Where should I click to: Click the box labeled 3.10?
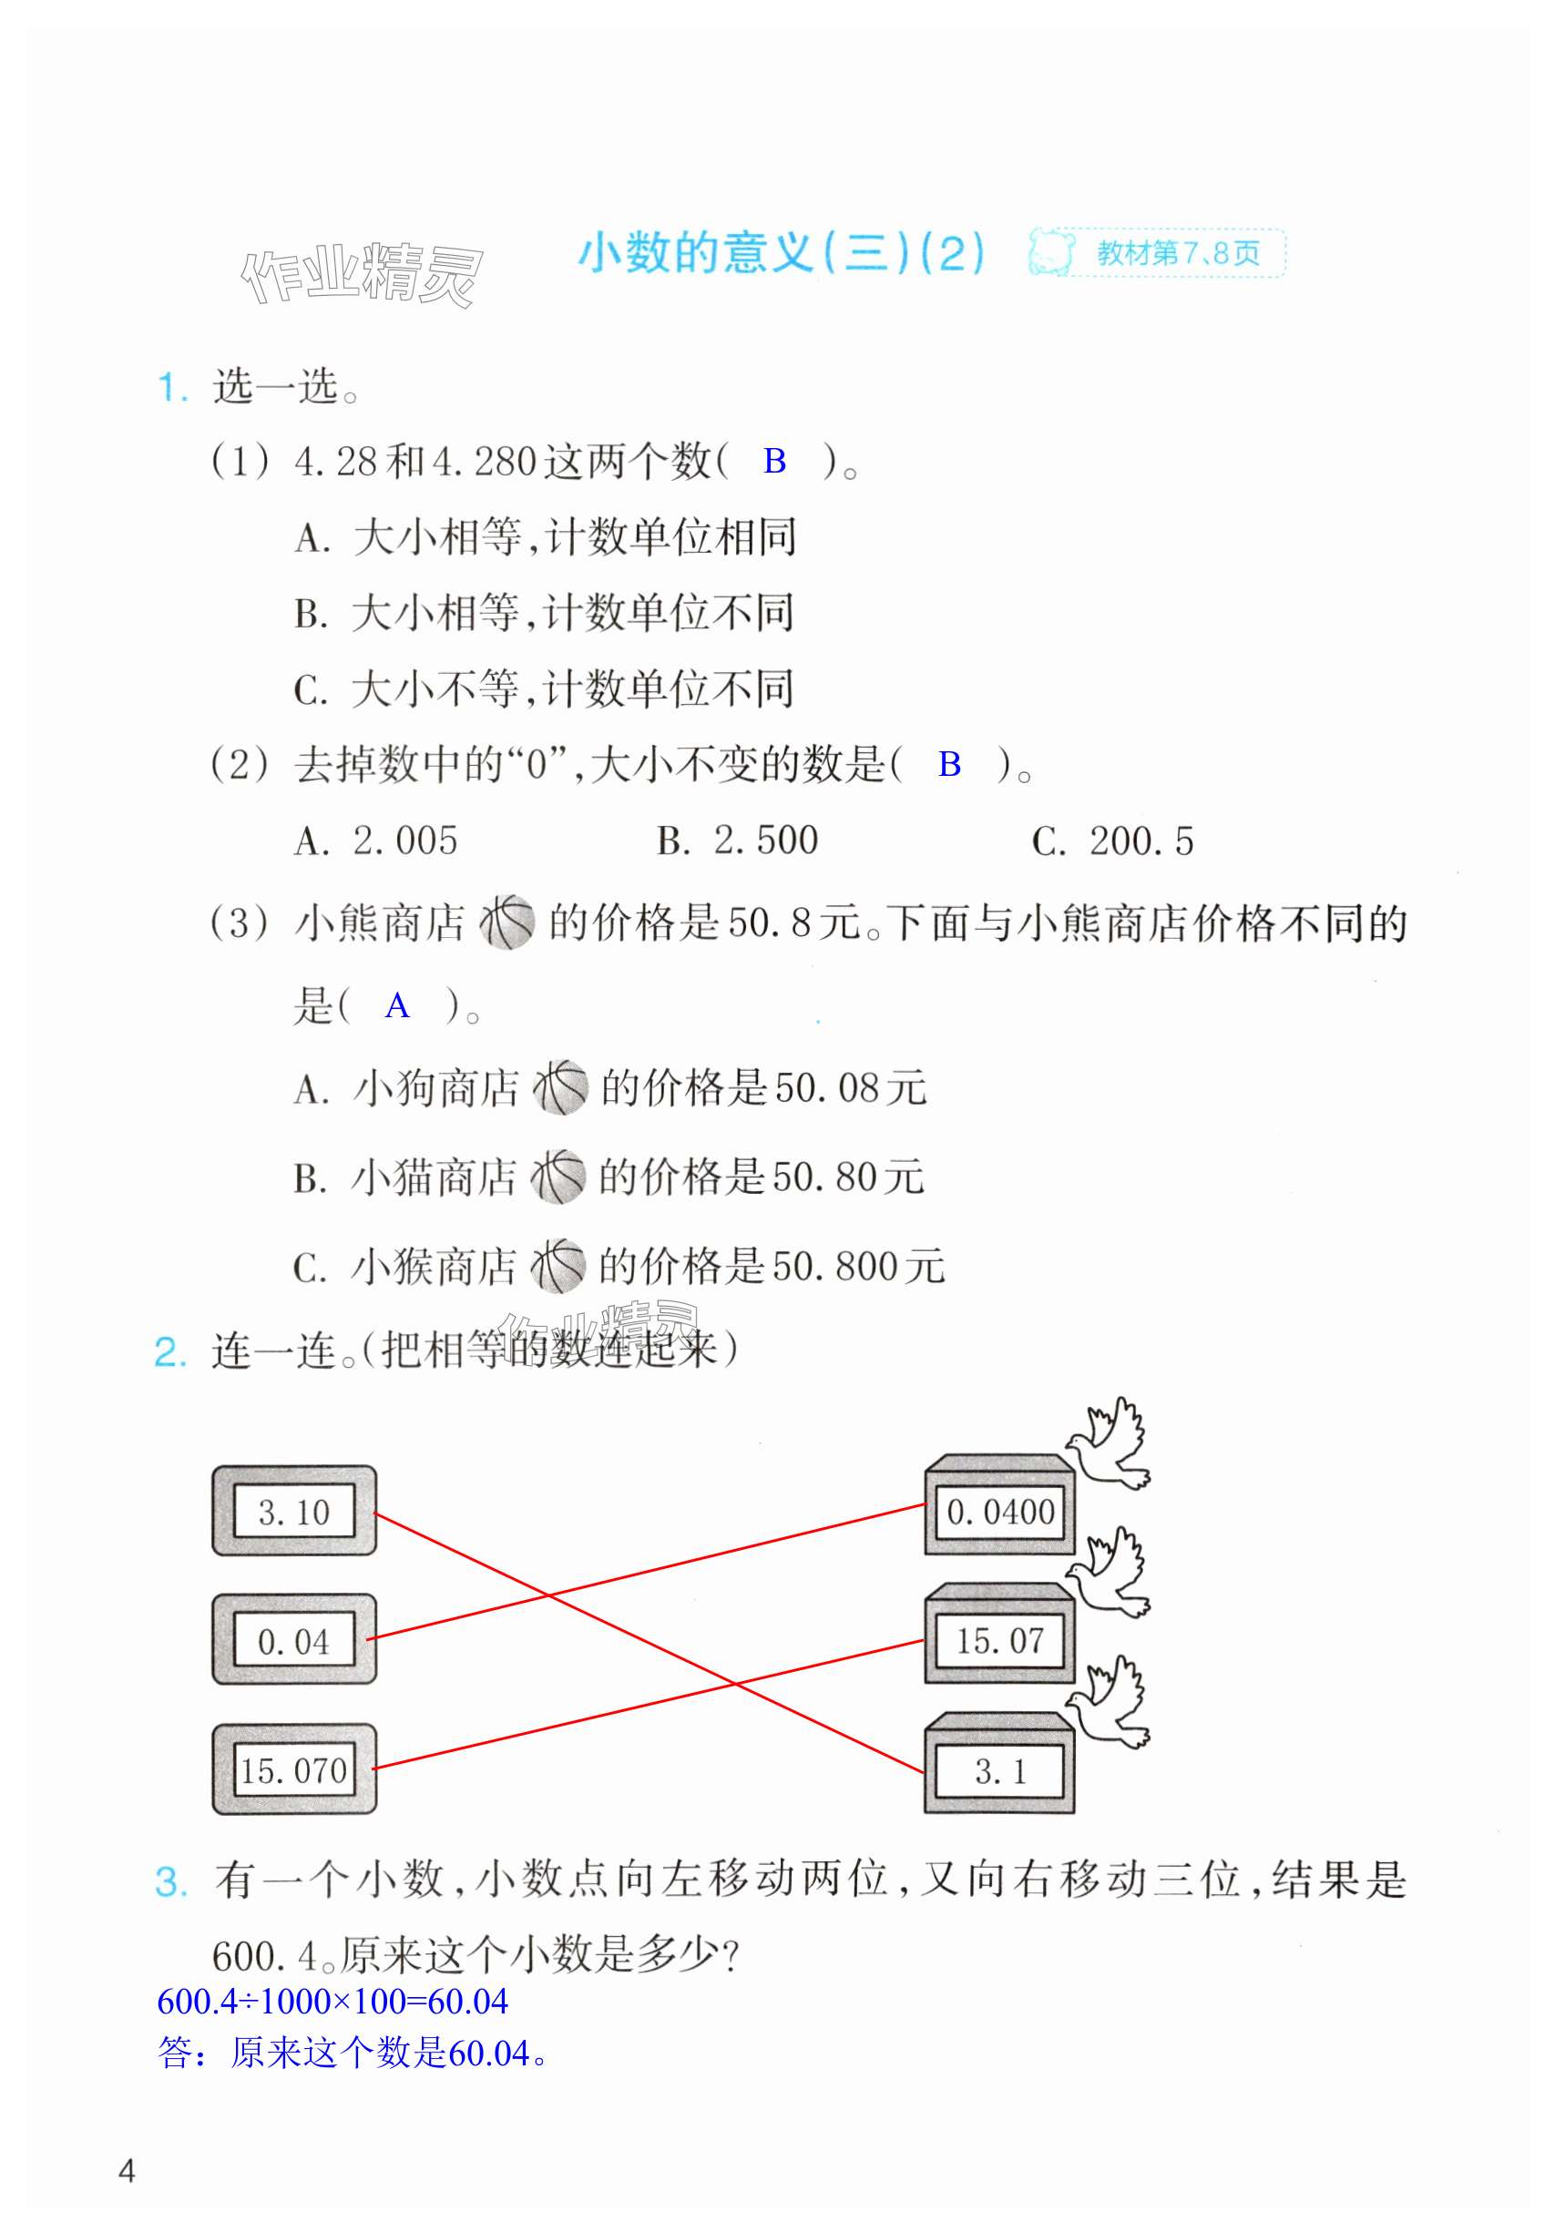coord(293,1512)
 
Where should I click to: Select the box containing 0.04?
coord(293,1642)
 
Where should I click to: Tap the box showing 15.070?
coord(293,1770)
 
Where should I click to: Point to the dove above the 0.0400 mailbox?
coord(1109,1442)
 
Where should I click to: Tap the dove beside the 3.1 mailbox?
coord(1109,1701)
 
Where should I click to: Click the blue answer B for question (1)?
coord(774,461)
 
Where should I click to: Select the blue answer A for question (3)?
coord(397,1005)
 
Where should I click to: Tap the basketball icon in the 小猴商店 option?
coord(558,1266)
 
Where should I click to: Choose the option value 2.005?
coord(404,841)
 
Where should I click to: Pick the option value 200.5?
coord(1141,841)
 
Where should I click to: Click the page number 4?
coord(127,2171)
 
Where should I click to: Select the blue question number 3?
coord(170,1882)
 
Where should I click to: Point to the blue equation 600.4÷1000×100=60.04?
coord(332,2002)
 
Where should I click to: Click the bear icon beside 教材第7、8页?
coord(1051,253)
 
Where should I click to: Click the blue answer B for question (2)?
coord(949,765)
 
